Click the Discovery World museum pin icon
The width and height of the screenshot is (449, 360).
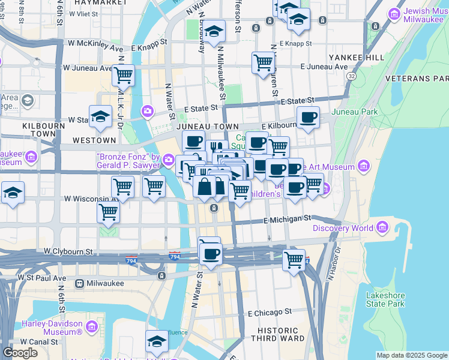tap(382, 227)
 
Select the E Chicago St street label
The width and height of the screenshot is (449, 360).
tap(270, 312)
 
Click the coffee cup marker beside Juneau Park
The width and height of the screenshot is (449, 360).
tap(308, 117)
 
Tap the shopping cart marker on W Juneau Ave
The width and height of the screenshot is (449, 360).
tap(123, 76)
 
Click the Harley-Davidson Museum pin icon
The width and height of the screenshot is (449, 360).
tap(91, 327)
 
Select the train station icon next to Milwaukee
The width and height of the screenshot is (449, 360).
tap(79, 283)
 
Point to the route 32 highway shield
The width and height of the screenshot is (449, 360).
tap(351, 77)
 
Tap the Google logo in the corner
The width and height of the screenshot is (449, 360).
tap(20, 353)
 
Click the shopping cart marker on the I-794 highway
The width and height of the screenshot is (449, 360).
tap(294, 260)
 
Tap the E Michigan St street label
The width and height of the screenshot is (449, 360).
tap(289, 220)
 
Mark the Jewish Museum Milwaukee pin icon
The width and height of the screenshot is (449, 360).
tap(394, 13)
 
